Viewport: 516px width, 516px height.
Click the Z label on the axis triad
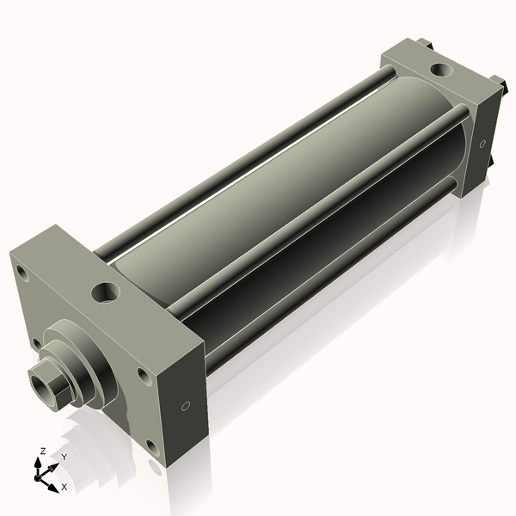[42, 451]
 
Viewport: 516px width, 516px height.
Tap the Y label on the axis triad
[64, 458]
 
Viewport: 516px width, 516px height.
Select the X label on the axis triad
[64, 487]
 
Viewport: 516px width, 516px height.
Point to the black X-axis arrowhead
[53, 488]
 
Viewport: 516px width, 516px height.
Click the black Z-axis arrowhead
[39, 463]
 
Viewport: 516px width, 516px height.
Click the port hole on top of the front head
[105, 292]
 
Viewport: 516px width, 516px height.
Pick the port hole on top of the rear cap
[441, 70]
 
